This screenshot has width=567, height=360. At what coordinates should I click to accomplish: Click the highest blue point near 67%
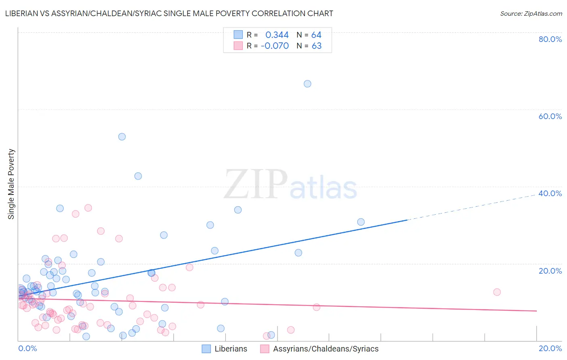point(307,84)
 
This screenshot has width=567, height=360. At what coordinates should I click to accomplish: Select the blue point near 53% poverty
point(122,137)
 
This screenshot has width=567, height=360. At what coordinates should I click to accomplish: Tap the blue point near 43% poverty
point(138,176)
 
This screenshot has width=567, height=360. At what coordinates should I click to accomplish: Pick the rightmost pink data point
point(497,292)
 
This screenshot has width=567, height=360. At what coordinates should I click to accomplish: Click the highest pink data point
point(88,208)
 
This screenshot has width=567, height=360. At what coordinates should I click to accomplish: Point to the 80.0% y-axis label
point(550,39)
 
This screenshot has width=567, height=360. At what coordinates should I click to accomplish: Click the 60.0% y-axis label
point(550,116)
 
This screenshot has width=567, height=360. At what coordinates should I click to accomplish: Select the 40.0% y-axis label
point(550,193)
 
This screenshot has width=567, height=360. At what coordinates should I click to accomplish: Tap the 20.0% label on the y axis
point(550,271)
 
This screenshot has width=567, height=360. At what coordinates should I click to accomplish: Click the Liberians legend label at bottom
point(231,349)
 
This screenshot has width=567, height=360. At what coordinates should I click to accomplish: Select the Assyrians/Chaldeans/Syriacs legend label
point(326,349)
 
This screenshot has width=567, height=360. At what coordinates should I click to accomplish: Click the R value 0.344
point(277,35)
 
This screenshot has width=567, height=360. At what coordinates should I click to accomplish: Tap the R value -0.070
point(275,46)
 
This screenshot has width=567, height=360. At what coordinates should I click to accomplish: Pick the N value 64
point(316,35)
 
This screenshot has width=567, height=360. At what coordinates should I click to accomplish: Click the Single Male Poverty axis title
point(11,184)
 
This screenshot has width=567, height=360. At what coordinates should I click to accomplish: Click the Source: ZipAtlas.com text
point(531,14)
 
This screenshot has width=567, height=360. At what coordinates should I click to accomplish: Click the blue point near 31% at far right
point(361,222)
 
